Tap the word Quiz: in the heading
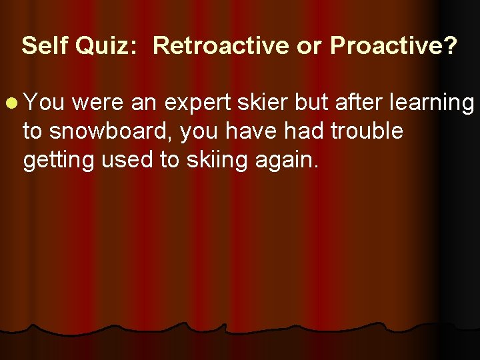(x=107, y=46)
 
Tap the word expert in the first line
(x=195, y=104)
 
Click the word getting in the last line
(x=58, y=161)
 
